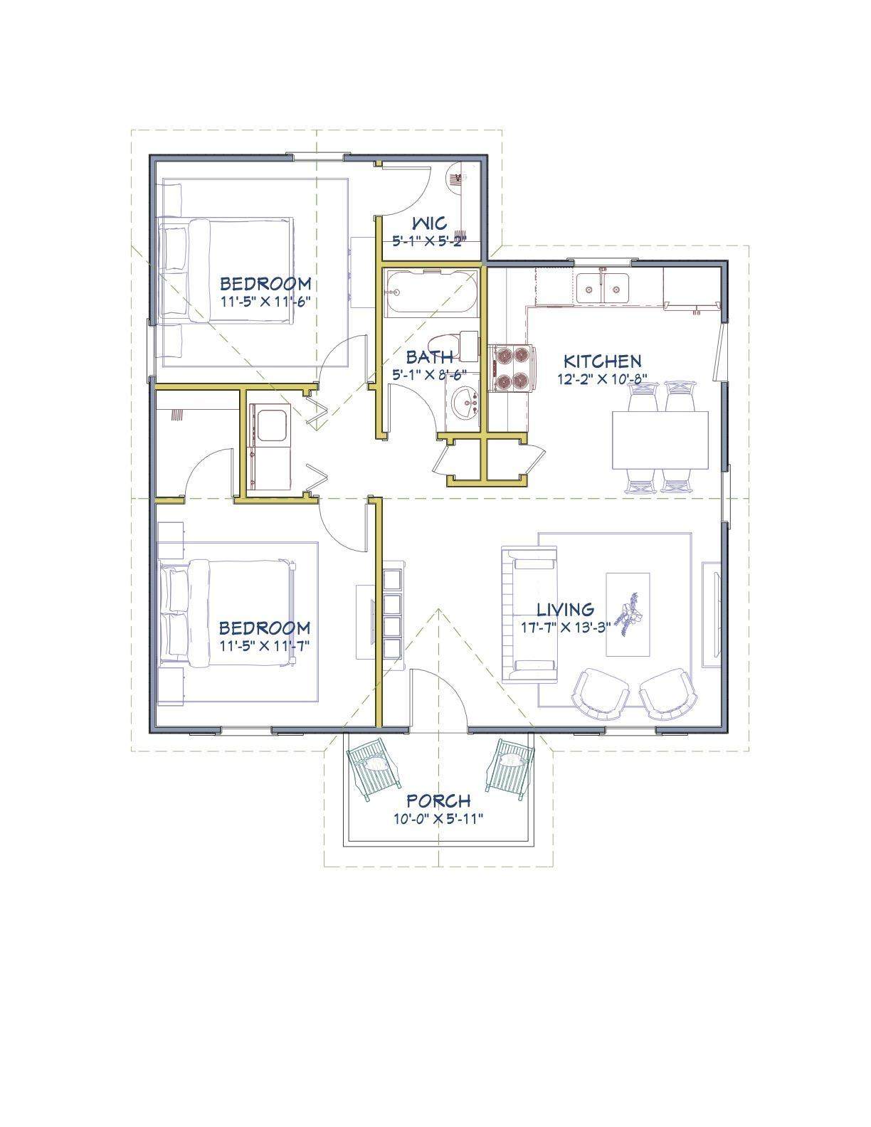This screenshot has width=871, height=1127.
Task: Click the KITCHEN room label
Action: click(602, 361)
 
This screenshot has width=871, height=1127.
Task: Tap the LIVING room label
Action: click(566, 610)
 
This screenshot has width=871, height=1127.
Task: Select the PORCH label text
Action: click(438, 800)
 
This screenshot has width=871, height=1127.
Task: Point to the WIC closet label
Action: click(429, 223)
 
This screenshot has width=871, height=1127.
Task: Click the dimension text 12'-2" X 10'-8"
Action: click(602, 379)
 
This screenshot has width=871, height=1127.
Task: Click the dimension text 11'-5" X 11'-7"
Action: click(265, 645)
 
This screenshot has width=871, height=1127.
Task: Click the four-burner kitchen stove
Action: click(510, 369)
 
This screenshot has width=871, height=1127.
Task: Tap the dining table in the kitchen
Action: click(660, 440)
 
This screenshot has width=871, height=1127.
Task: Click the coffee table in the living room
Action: click(628, 615)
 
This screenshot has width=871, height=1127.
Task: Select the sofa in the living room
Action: click(529, 615)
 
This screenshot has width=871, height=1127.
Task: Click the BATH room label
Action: click(429, 357)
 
